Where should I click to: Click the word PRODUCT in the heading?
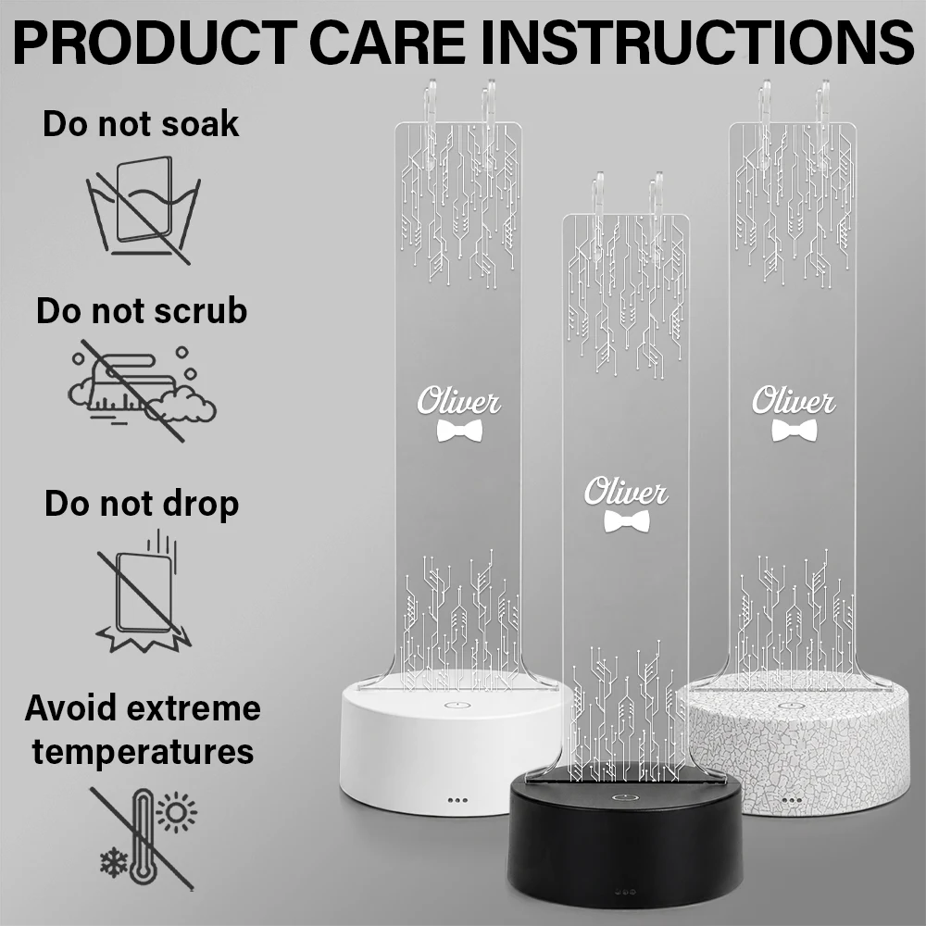coord(155,43)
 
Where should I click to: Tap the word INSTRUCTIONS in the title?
coord(698,43)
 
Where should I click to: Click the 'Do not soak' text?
coord(141,124)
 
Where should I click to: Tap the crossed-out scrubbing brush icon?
coord(142,391)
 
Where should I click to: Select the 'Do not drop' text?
coord(142,504)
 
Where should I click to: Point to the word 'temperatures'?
coord(143,752)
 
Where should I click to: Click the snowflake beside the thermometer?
coord(113,863)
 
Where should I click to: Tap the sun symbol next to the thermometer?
coord(177,813)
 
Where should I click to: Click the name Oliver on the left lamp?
coord(459,402)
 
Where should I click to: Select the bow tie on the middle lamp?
coord(627,521)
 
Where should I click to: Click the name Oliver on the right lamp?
coord(794,401)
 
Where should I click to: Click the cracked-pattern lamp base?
coord(803,745)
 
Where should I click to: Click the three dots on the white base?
coord(457,801)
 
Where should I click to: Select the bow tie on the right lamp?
coord(795,431)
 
